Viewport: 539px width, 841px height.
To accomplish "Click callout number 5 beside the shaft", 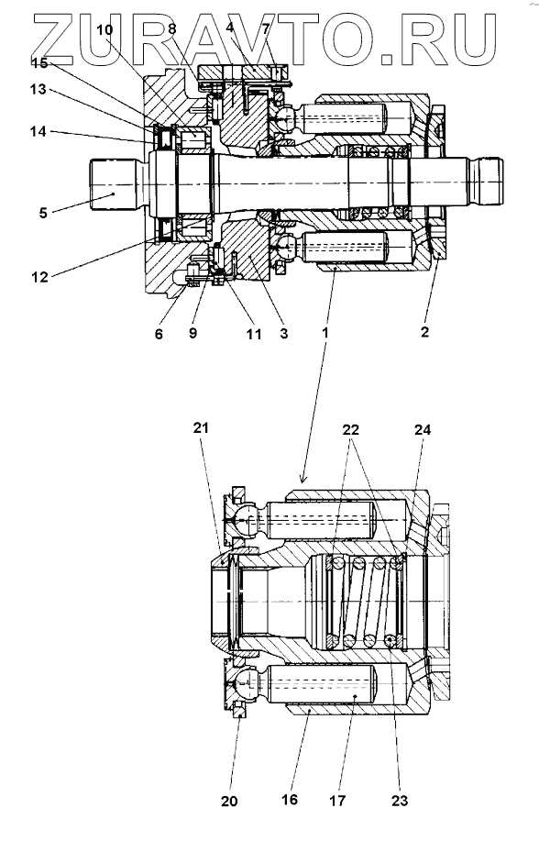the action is pos(43,213).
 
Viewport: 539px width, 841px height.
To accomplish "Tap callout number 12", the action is pos(39,277).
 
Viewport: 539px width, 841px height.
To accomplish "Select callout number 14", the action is pos(38,131).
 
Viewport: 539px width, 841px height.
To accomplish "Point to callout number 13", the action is pos(38,89).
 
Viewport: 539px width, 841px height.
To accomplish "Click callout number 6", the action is pos(159,334).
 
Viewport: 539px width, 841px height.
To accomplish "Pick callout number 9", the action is pos(193,333).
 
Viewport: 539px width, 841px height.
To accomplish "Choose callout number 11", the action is pos(254,334).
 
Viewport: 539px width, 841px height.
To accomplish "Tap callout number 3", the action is pos(284,333).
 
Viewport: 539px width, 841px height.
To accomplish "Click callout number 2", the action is pos(424,332).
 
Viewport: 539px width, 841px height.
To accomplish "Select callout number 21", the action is pos(201,428).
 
